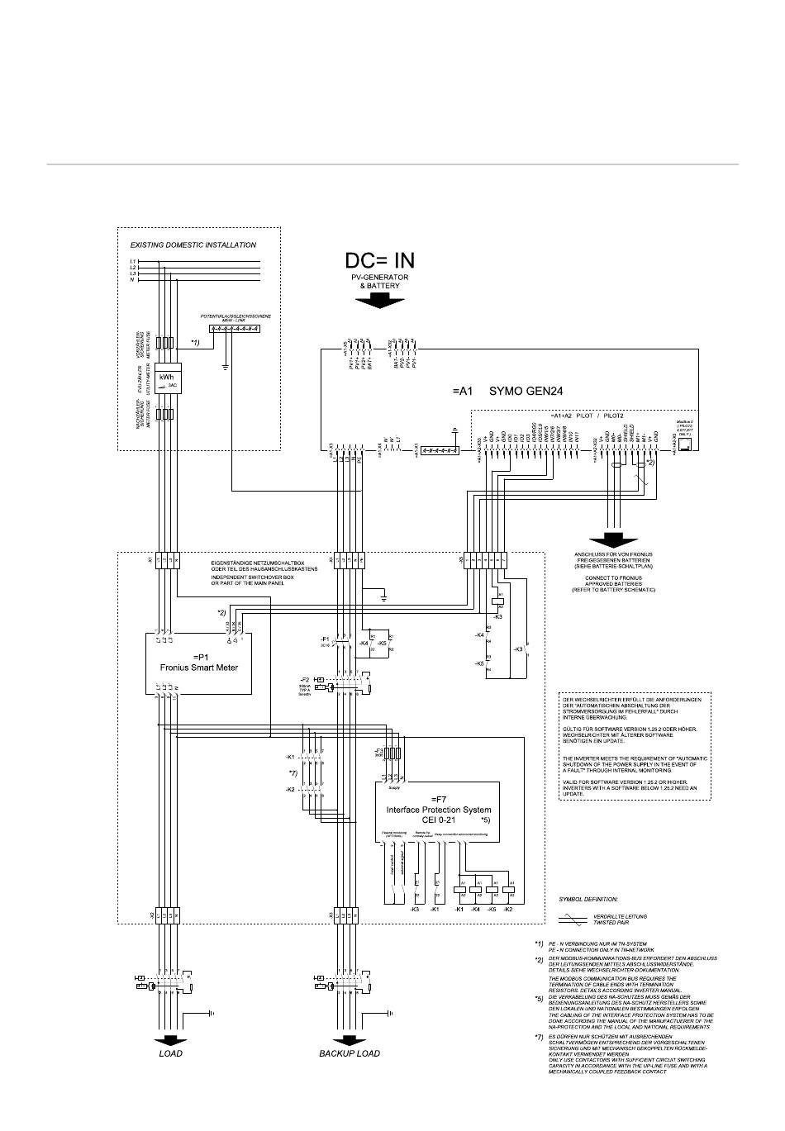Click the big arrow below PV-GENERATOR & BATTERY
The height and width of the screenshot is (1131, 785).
(380, 301)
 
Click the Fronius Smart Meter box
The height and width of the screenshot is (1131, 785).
(198, 662)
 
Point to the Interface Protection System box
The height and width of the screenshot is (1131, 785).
(438, 810)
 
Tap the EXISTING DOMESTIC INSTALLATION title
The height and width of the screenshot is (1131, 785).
(193, 245)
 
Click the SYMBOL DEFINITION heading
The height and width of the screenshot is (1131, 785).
(588, 898)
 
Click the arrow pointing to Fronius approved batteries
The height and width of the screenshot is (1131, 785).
(612, 540)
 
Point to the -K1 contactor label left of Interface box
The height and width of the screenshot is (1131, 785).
(290, 757)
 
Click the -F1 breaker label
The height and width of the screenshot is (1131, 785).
(325, 639)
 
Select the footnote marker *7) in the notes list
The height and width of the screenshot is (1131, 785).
(539, 1036)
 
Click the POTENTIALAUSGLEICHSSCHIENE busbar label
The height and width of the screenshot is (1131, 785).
(235, 316)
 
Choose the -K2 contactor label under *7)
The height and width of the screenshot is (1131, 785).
(290, 790)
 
